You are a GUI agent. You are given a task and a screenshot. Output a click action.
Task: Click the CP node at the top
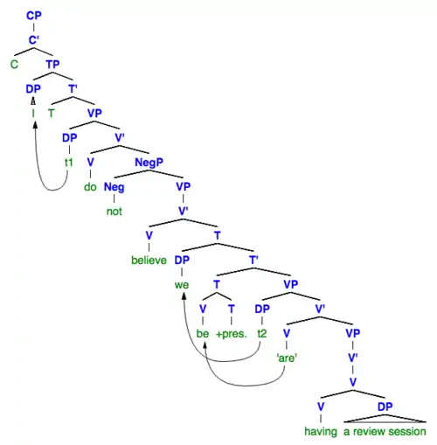34,16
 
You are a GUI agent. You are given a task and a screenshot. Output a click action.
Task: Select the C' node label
34,40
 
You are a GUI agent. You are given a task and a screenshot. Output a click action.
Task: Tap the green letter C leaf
14,65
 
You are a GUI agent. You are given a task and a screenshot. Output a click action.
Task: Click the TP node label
52,65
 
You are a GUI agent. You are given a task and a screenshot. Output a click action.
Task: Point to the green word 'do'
90,187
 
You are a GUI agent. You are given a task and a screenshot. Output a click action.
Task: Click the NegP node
149,163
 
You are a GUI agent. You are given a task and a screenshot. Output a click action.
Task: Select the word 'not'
114,212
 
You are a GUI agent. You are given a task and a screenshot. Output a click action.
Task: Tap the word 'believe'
149,261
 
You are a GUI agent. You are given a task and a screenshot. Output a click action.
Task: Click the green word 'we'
182,285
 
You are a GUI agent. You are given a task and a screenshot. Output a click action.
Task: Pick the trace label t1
69,163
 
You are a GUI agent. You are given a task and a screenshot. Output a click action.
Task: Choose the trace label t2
262,334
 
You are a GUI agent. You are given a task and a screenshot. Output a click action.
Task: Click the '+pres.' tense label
232,334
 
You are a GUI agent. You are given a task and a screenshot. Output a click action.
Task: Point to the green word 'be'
203,334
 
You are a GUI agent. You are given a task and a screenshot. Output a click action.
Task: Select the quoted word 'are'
287,358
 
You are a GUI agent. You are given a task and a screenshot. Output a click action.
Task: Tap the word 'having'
321,432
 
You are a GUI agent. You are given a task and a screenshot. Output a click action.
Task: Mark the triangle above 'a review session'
385,419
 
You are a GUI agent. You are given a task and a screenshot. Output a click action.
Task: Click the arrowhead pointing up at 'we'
184,296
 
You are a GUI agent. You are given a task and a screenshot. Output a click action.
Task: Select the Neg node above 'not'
114,187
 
